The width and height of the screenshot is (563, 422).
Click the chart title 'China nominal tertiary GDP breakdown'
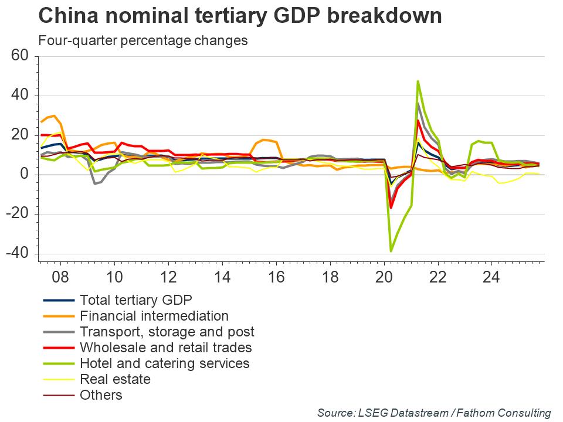(240, 16)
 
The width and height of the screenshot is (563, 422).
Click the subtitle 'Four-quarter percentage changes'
(143, 41)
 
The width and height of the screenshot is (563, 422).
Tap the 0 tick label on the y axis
(25, 175)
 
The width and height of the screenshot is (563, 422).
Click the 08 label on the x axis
(60, 277)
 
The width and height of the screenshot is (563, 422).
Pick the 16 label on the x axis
(276, 277)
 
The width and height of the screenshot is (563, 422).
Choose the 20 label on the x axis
(384, 277)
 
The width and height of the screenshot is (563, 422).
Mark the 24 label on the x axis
(491, 277)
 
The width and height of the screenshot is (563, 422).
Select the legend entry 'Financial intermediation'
(154, 316)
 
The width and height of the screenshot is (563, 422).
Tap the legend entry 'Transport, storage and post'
(167, 332)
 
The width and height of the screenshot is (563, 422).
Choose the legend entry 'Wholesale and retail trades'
(165, 348)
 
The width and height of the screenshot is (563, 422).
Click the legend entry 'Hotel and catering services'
(164, 363)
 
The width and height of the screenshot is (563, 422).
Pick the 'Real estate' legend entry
(115, 379)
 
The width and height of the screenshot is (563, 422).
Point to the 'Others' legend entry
(101, 395)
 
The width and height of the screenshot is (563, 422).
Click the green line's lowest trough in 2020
(391, 251)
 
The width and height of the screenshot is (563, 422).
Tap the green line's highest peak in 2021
(418, 81)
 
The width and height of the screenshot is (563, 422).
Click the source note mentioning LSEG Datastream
(434, 413)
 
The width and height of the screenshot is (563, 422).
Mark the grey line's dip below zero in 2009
(94, 183)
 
